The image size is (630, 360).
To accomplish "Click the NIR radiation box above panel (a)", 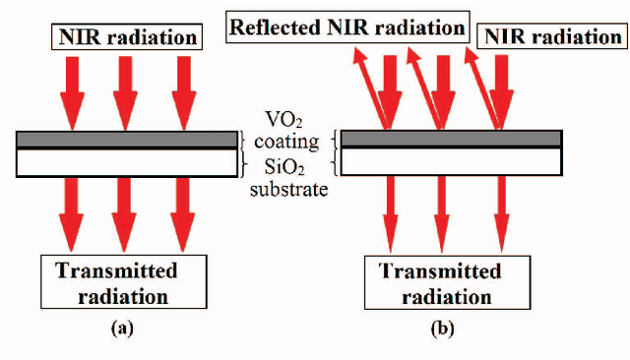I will pyautogui.click(x=125, y=38).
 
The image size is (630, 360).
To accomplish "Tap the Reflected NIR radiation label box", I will pyautogui.click(x=346, y=27).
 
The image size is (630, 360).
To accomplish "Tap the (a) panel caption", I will pyautogui.click(x=123, y=330).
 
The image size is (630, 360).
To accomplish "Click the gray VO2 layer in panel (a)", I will pyautogui.click(x=125, y=139).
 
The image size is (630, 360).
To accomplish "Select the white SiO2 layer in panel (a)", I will pyautogui.click(x=125, y=160).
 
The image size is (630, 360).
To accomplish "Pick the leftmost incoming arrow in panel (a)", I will pyautogui.click(x=71, y=89).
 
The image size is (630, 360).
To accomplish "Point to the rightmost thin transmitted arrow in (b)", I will pyautogui.click(x=502, y=211).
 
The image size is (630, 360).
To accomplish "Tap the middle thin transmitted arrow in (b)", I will pyautogui.click(x=445, y=211).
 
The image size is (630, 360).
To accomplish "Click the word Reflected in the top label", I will pyautogui.click(x=271, y=27).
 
